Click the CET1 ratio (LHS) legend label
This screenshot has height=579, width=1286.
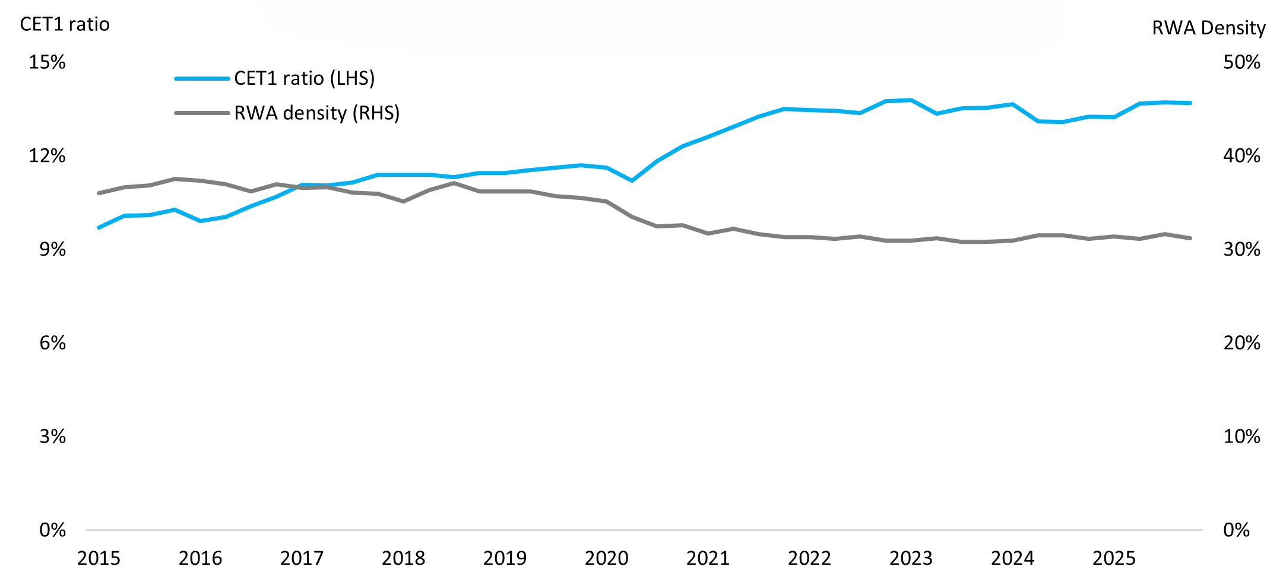pos(304,78)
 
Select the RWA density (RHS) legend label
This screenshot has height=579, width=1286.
pos(316,113)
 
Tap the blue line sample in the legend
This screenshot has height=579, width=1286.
pos(202,78)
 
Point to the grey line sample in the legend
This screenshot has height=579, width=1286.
pos(202,113)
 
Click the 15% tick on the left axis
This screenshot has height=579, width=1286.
pos(47,62)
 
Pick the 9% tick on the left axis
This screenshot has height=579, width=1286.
pos(52,249)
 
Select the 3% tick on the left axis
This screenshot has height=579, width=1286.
pos(52,437)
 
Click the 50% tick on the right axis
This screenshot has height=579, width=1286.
pos(1241,62)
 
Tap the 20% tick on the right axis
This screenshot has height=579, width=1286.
pos(1241,343)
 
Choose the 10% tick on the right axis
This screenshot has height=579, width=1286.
pos(1241,437)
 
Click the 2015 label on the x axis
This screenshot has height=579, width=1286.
pos(99,558)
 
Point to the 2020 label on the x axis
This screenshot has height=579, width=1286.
pos(606,558)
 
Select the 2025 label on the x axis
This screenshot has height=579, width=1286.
pos(1114,558)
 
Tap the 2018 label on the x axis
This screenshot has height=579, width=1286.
pos(403,558)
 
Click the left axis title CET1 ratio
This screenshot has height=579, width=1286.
pos(65,24)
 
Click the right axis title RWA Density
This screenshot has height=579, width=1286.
pos(1209,28)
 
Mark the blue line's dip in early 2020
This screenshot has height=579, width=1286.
pos(632,180)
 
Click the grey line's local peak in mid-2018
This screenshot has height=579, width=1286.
pos(454,183)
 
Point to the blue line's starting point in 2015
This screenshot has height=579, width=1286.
pos(99,228)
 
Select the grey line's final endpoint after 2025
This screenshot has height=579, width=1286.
pos(1190,238)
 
